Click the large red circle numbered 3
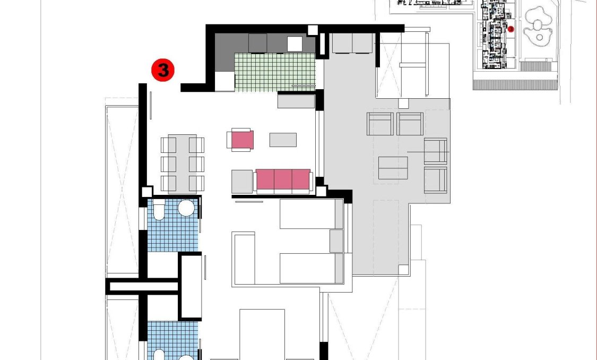click(163, 70)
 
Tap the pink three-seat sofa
click(283, 180)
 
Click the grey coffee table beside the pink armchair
click(283, 140)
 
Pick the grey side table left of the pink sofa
click(242, 181)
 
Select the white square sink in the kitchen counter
click(295, 44)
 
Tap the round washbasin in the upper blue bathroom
click(186, 208)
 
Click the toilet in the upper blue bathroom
click(159, 210)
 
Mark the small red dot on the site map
click(511, 29)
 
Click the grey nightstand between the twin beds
click(336, 241)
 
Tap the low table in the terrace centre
click(393, 168)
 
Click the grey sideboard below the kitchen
click(296, 101)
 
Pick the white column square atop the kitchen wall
click(313, 30)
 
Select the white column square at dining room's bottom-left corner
click(146, 192)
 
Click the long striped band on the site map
click(515, 84)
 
